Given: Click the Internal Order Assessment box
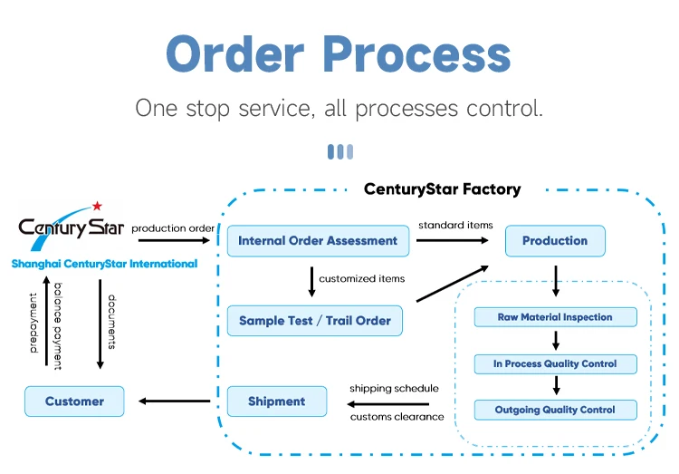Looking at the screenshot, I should pos(318,241).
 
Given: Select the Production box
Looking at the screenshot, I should pos(554,241).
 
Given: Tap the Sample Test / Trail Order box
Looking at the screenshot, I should pos(314,321).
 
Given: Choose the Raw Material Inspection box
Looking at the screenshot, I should pos(555,317).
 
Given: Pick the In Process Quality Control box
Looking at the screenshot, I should pos(555,364).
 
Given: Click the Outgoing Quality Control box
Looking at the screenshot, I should pos(555,411).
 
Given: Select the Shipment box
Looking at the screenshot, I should pos(276,401).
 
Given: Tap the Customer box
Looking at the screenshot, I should pos(74,401).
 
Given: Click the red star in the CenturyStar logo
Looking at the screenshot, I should pos(97,207).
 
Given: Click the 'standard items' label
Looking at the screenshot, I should pos(455,225).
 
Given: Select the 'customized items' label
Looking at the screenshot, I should pos(362,278).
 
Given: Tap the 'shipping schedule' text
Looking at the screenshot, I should pos(394,388).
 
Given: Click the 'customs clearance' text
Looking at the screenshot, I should pos(397,417).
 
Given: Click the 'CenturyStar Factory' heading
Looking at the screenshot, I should pos(442,189).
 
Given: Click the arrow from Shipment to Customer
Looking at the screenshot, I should pos(176,401).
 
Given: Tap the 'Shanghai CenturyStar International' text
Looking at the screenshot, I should pos(104,264).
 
